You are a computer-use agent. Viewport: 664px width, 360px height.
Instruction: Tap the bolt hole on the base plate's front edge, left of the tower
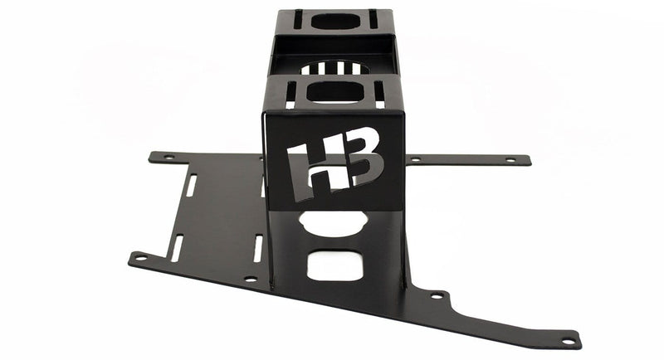click(250, 280)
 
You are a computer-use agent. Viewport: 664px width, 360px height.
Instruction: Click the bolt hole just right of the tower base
click(437, 294)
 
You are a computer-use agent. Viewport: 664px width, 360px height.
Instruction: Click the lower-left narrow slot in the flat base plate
click(178, 245)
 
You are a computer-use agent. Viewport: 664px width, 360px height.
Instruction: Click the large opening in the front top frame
click(336, 91)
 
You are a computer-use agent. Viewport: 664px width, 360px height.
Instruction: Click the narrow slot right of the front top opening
click(379, 94)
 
